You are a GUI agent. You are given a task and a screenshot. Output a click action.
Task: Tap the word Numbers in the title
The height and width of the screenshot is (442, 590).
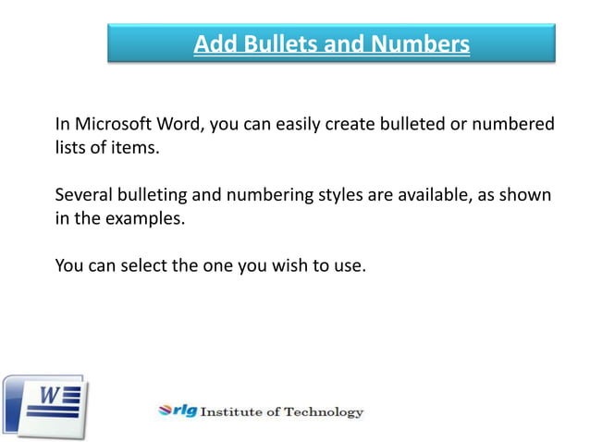point(422,43)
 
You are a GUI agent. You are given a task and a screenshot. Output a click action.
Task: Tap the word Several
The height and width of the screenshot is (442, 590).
point(83,195)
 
